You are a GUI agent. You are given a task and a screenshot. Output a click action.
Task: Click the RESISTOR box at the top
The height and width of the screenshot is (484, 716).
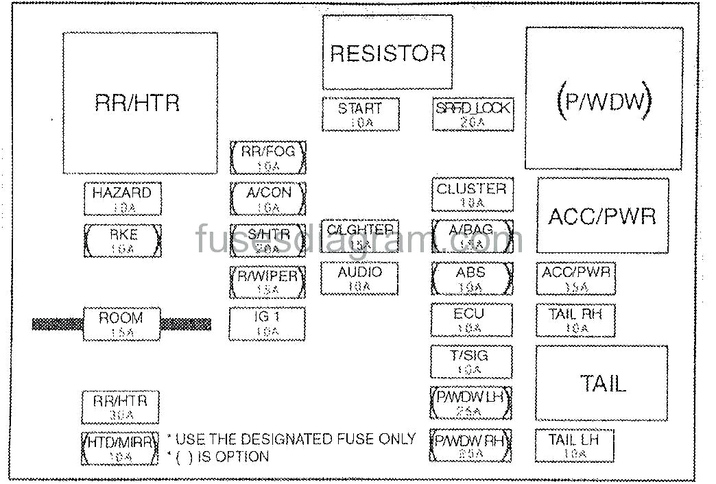tap(387, 53)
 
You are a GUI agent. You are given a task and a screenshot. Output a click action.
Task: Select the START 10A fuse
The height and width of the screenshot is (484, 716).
tap(361, 114)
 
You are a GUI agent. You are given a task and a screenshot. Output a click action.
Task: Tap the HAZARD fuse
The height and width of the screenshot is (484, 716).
tap(122, 199)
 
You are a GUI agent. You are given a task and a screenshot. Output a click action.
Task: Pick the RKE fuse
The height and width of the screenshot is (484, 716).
tap(123, 241)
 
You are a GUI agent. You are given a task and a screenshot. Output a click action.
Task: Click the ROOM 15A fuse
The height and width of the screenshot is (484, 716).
tap(121, 324)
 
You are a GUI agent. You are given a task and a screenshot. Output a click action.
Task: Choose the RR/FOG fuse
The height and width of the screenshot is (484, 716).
tap(267, 157)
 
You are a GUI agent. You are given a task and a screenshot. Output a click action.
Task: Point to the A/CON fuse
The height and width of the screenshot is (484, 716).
tap(267, 199)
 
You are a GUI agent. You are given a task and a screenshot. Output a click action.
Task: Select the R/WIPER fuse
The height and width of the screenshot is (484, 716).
tap(267, 282)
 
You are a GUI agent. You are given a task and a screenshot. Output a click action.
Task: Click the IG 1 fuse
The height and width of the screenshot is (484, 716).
tap(267, 324)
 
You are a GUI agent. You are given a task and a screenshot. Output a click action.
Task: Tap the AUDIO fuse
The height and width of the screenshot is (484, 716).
tap(359, 278)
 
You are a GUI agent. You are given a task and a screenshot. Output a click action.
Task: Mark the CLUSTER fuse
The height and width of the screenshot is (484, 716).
tap(472, 195)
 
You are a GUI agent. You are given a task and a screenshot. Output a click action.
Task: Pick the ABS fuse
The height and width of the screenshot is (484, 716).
tap(472, 278)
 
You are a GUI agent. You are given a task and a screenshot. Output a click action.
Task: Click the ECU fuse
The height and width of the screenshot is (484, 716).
tap(471, 320)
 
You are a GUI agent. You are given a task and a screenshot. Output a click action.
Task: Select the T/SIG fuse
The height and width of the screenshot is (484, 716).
tap(471, 361)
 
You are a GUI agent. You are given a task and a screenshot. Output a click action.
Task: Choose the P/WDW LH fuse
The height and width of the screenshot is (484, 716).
tap(471, 403)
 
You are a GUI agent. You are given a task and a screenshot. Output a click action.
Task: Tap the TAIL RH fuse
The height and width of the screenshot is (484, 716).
tap(575, 320)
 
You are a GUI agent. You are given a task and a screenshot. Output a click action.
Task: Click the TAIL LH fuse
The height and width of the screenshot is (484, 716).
tap(574, 446)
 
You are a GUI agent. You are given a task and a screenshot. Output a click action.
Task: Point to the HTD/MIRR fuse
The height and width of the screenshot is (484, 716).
tap(121, 448)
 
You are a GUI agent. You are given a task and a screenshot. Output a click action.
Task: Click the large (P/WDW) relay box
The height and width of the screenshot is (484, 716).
tap(604, 99)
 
